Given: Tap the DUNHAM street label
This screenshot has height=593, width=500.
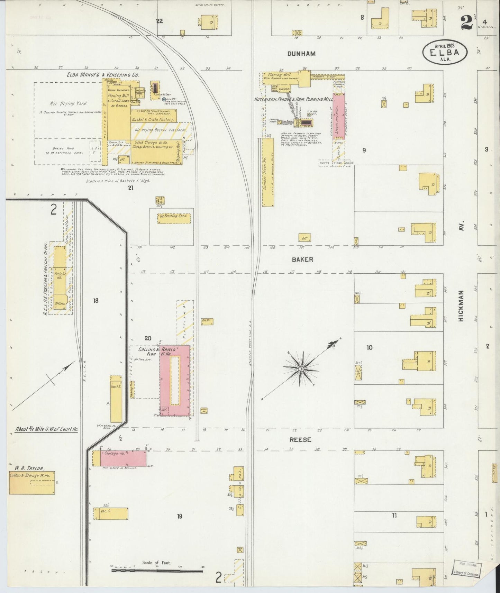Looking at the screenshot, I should (x=302, y=54).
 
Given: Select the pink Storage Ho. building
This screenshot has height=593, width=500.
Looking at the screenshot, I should (x=123, y=458).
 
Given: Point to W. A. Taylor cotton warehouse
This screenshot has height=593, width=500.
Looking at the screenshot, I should (x=32, y=483).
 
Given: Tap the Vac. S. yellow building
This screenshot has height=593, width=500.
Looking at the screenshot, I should (x=111, y=513).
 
